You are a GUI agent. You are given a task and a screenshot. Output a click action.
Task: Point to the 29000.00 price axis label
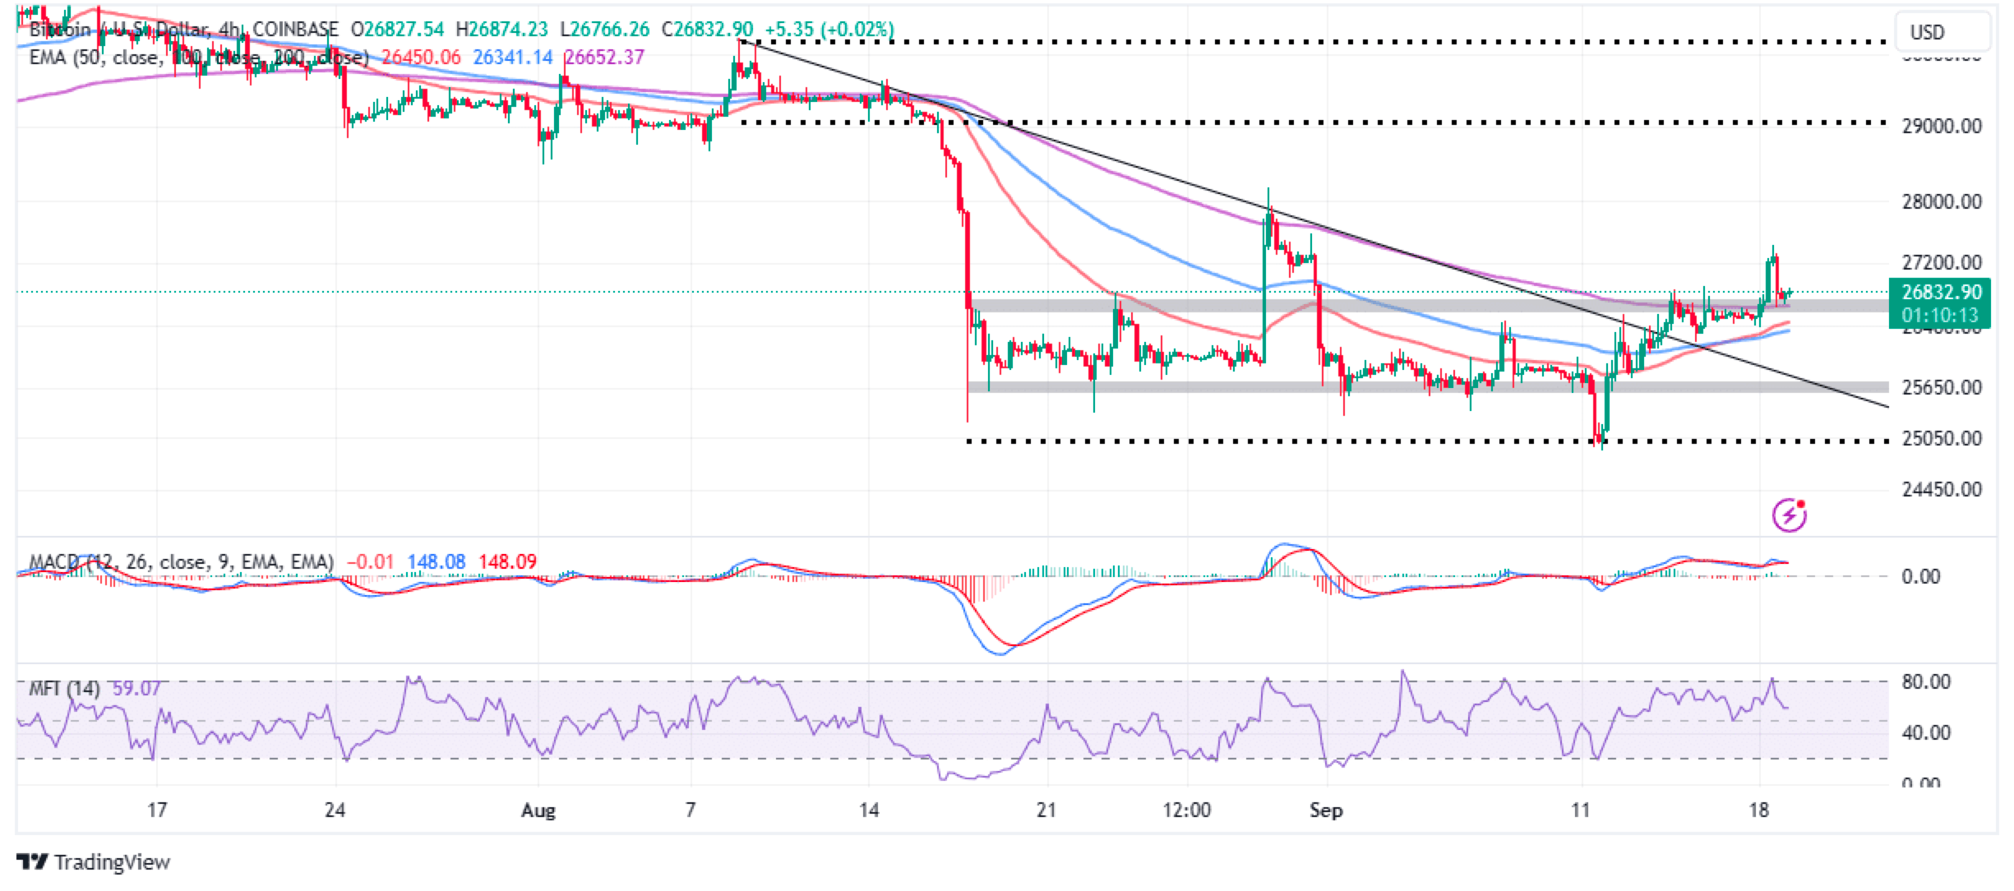coord(1941,127)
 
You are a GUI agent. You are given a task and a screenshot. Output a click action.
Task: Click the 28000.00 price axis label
coord(1941,201)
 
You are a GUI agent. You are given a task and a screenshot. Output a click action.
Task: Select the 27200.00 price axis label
coord(1941,263)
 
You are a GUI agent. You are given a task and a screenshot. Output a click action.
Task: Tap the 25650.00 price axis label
coord(1941,387)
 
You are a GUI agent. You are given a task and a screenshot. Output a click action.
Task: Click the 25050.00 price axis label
coord(1941,439)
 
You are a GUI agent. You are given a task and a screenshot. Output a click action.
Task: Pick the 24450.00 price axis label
coord(1941,490)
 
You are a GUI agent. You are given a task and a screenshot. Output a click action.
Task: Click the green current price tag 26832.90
coord(1941,293)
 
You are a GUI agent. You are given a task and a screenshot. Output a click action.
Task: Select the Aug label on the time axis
coord(538,810)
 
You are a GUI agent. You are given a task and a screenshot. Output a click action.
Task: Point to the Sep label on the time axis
coord(1325,810)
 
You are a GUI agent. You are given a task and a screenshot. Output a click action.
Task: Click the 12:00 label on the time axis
coord(1186,810)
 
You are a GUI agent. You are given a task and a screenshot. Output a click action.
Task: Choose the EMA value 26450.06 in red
coord(422,58)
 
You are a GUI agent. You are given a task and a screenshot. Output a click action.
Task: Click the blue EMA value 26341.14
coord(513,58)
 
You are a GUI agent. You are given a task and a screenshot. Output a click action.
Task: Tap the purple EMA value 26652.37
coord(604,58)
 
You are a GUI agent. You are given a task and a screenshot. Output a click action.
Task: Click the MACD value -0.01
coord(368,562)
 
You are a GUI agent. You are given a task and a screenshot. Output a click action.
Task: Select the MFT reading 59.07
coord(136,688)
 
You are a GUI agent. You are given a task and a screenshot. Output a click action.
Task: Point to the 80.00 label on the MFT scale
coord(1927,682)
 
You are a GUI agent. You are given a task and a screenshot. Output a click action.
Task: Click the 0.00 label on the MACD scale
coord(1921,576)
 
